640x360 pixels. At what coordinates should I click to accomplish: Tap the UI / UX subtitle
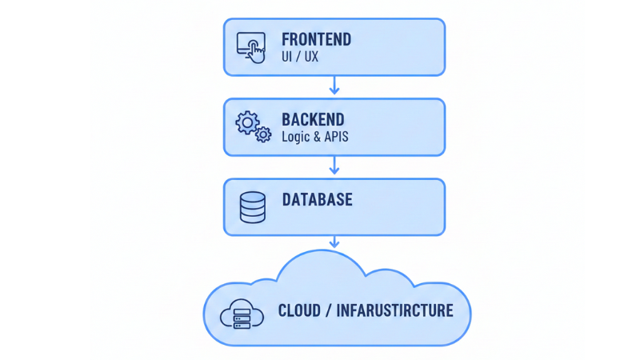300,58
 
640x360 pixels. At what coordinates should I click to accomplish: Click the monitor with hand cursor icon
251,47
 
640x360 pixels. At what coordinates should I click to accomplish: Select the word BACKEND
313,120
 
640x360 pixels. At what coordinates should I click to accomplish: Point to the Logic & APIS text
314,137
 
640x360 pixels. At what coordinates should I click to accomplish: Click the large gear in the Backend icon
246,122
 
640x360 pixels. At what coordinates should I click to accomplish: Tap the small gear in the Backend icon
263,135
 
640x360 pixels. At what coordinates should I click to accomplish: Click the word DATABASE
317,199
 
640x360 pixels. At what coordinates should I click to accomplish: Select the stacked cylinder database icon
252,207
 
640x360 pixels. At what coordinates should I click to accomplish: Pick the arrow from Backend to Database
334,166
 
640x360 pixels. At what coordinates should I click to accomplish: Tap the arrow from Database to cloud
334,242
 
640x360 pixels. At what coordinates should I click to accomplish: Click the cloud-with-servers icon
242,314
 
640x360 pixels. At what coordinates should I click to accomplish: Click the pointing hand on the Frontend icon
256,53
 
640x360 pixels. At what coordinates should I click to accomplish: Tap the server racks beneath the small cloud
242,321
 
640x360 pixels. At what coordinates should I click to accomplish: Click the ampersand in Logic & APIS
318,137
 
